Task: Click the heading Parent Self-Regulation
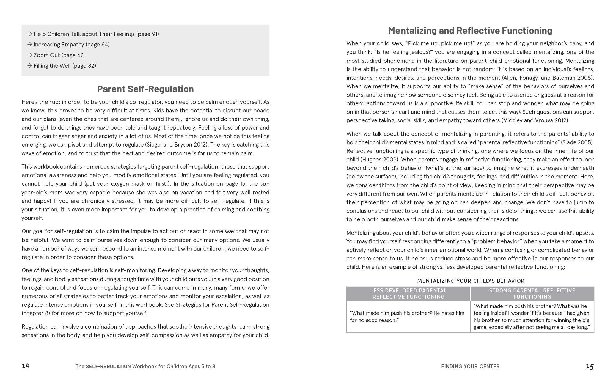coord(145,89)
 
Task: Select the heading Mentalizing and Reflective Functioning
coord(470,31)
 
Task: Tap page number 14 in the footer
coord(26,366)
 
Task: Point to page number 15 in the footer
coord(590,366)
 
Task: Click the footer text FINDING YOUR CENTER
coord(470,366)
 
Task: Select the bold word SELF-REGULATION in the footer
coord(108,366)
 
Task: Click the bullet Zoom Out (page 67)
coord(59,55)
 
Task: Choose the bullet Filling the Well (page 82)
coord(65,65)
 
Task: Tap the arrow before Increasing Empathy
coord(30,45)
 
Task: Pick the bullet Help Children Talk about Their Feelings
coord(96,34)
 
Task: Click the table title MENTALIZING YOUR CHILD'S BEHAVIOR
coord(471,281)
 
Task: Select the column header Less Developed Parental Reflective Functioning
coord(408,294)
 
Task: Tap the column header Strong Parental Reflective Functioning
coord(532,294)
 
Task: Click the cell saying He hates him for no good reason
coord(407,317)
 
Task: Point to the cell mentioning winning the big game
coord(532,317)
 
